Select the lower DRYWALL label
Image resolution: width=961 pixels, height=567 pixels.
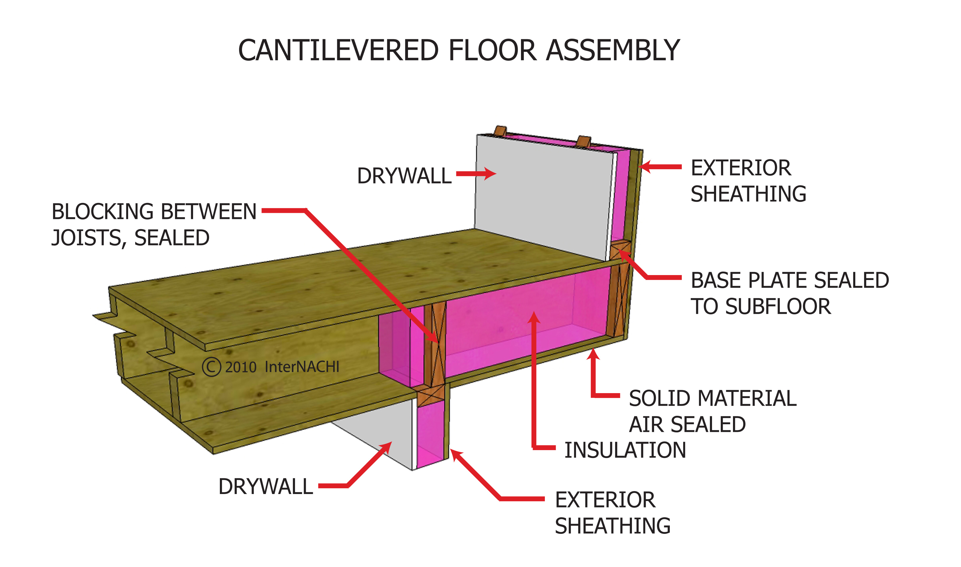[266, 486]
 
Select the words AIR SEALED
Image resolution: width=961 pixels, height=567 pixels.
[687, 425]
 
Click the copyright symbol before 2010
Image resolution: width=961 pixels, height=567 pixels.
[211, 367]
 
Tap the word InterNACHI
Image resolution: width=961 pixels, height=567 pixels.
[302, 367]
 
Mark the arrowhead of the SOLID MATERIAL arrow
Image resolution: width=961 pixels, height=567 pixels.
[593, 353]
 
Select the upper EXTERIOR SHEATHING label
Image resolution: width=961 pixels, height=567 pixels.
[748, 181]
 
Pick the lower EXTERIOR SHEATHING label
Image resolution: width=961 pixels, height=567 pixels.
[612, 513]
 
